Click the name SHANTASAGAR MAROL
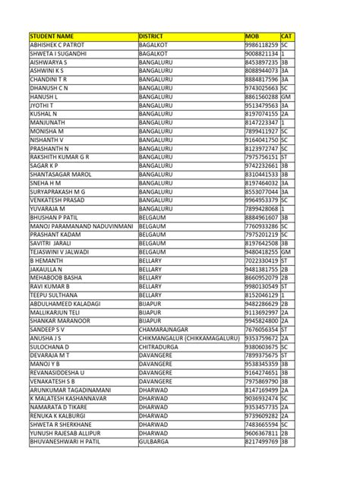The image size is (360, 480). click(62, 172)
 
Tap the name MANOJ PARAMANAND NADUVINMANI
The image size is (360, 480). click(81, 226)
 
